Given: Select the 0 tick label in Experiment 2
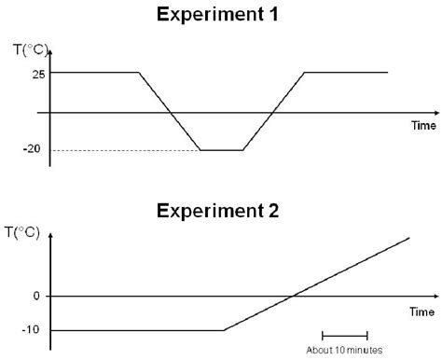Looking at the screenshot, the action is (x=37, y=297).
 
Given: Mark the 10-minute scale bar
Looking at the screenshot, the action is (x=344, y=335).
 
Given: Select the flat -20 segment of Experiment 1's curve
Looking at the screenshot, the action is (x=221, y=150).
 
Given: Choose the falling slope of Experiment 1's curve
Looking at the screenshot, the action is (x=169, y=111).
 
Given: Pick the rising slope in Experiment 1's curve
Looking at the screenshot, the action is (x=273, y=111).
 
